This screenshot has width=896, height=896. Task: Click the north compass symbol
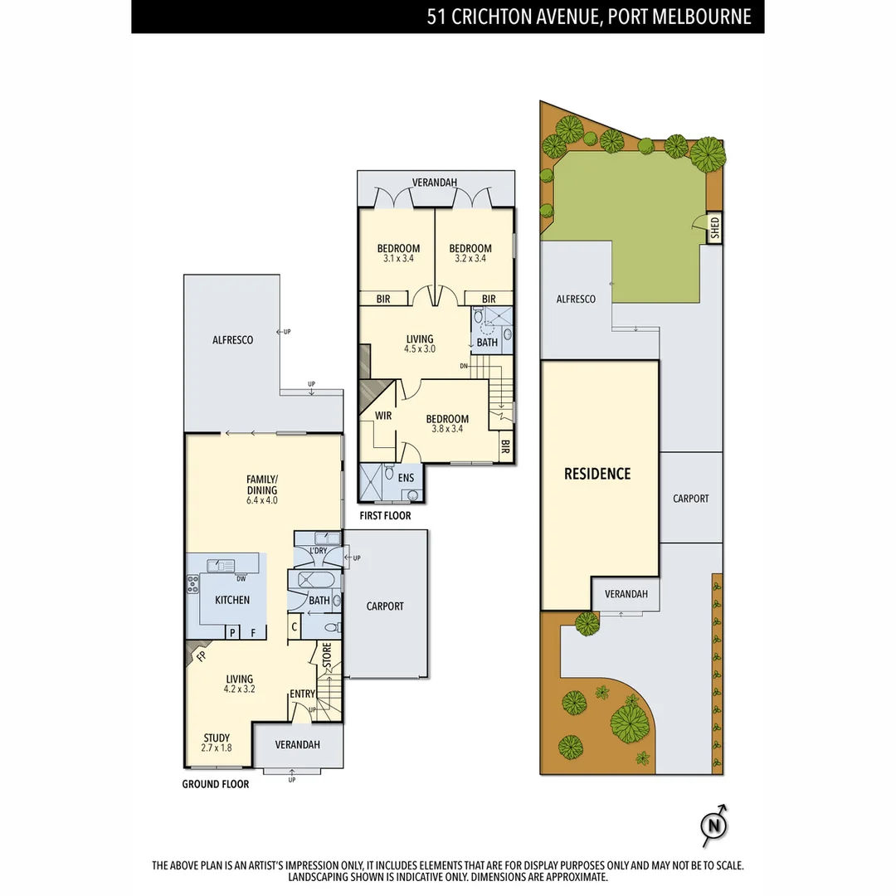[713, 825]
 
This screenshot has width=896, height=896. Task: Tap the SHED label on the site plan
[714, 228]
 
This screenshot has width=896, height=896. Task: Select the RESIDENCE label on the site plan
[597, 474]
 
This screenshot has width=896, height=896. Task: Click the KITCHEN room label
[232, 600]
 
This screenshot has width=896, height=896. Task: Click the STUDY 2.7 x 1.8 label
[217, 743]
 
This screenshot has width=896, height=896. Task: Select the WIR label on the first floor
[383, 415]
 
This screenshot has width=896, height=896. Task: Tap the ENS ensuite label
[406, 478]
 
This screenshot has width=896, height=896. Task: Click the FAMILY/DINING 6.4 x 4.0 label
[261, 489]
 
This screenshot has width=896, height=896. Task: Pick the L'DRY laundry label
[317, 551]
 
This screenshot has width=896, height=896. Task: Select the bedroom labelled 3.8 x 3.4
[447, 424]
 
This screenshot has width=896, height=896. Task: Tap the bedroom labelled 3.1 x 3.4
[398, 253]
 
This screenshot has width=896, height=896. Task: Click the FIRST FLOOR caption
[385, 516]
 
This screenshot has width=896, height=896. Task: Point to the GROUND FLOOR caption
[216, 784]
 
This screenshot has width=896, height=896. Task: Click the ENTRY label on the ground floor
[302, 694]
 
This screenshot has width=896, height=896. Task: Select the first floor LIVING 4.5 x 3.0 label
[419, 343]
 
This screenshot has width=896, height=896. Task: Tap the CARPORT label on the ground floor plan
[385, 606]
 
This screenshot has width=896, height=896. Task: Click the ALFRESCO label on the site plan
[576, 299]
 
